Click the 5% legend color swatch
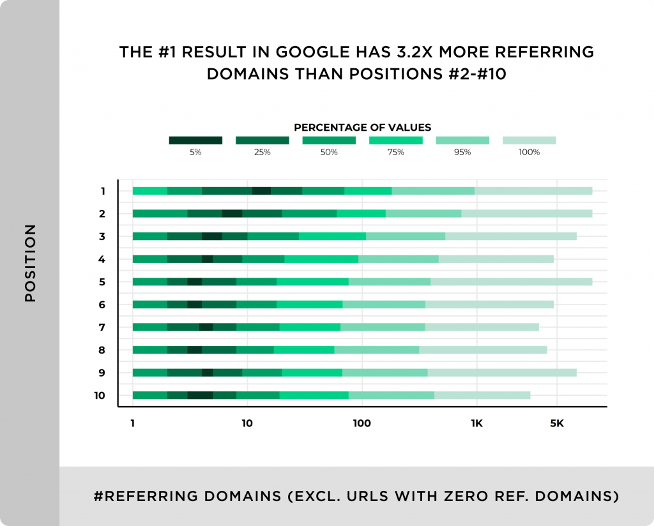[x=195, y=140]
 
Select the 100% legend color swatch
[x=529, y=140]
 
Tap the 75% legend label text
[x=395, y=153]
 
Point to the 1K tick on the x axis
[x=476, y=423]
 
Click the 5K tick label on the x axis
[x=556, y=423]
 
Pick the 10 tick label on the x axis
[x=247, y=423]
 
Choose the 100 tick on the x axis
[x=361, y=423]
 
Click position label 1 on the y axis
[x=102, y=191]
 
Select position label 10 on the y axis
[x=99, y=396]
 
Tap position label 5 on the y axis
[x=102, y=282]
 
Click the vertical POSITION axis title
[x=31, y=263]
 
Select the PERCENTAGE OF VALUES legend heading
[x=362, y=128]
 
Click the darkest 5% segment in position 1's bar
[x=261, y=191]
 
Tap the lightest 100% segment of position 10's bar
[x=482, y=396]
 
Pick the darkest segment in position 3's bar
[x=212, y=236]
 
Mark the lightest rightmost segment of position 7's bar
[x=482, y=327]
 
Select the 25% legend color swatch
[x=262, y=140]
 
